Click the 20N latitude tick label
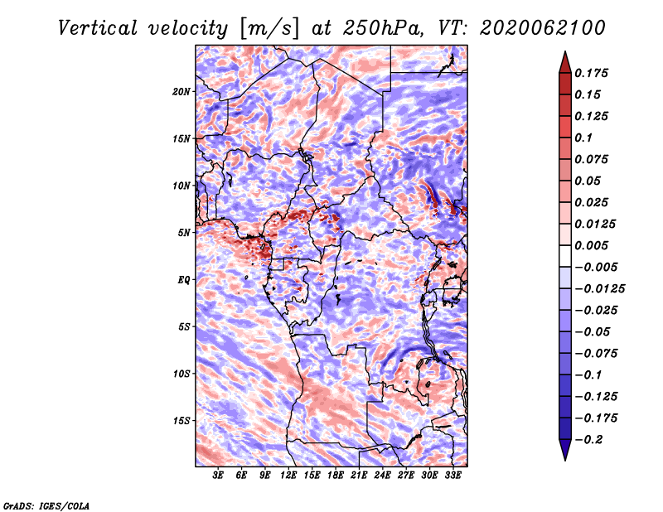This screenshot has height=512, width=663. (181, 91)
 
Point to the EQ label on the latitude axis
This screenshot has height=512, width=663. (183, 280)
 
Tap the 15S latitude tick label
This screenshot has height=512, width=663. (181, 421)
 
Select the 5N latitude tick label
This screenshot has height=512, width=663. (184, 233)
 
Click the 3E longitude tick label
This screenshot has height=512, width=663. (218, 475)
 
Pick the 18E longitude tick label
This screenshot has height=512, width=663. (336, 475)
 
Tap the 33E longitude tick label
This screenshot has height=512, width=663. (452, 475)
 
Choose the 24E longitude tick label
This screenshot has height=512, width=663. (382, 475)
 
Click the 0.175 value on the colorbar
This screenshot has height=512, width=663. (592, 73)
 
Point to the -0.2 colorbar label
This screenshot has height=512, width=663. (588, 440)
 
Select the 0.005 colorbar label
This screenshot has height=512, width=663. (592, 245)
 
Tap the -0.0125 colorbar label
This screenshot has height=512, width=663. (599, 289)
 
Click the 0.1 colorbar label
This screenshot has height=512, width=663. (584, 138)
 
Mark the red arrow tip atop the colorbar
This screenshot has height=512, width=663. (565, 51)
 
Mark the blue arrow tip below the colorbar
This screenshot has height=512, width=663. (565, 460)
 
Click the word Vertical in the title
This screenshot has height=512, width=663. (98, 28)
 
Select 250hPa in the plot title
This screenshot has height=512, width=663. (383, 28)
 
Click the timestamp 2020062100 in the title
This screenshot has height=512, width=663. (543, 28)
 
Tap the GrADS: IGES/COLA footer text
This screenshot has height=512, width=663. (46, 505)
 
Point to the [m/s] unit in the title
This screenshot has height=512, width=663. (269, 29)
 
